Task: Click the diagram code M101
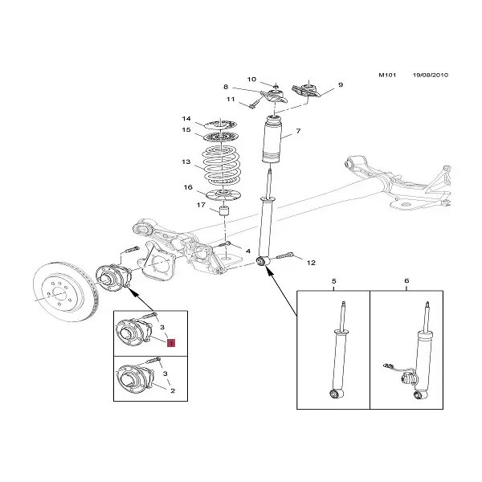click(x=386, y=76)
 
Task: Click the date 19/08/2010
click(x=429, y=76)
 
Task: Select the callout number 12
click(x=311, y=262)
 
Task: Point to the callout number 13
click(x=186, y=162)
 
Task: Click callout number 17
click(x=202, y=205)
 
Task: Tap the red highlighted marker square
click(x=170, y=341)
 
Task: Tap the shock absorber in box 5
click(x=337, y=353)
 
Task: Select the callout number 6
click(x=406, y=281)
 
